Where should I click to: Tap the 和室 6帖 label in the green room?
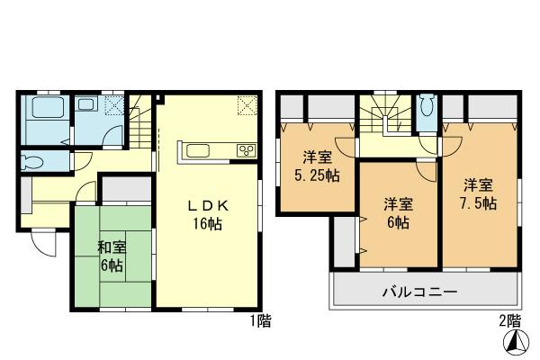pyautogui.click(x=112, y=256)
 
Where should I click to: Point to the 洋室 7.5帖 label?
pyautogui.click(x=479, y=194)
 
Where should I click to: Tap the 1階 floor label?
pyautogui.click(x=261, y=319)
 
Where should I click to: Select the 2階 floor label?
pyautogui.click(x=508, y=319)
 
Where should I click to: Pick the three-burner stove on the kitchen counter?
pyautogui.click(x=245, y=149)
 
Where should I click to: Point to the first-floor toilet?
pyautogui.click(x=34, y=163)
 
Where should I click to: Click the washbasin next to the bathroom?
pyautogui.click(x=88, y=106)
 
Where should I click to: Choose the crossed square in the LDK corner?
pyautogui.click(x=247, y=105)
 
